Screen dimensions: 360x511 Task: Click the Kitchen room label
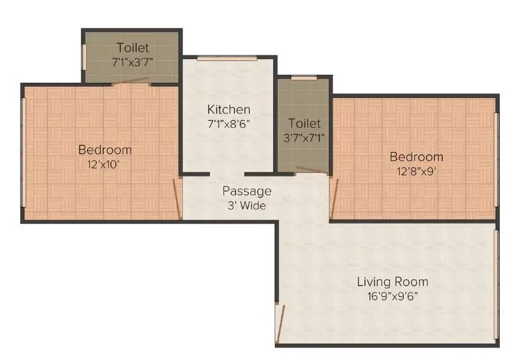229,109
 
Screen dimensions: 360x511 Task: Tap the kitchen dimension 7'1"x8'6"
229,123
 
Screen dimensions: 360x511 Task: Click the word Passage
247,191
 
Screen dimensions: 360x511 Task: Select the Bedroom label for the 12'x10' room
105,149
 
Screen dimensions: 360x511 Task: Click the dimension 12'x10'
105,164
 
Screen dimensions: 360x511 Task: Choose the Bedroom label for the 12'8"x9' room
416,156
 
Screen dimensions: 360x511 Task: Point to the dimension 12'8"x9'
416,171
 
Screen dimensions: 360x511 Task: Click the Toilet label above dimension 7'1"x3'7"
133,48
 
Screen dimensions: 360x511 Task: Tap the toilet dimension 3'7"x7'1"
305,138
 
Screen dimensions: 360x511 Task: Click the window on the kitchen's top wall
227,58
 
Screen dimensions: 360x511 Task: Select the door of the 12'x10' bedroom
177,197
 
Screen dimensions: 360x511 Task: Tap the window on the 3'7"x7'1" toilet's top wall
304,78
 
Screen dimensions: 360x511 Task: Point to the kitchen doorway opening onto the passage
227,174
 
